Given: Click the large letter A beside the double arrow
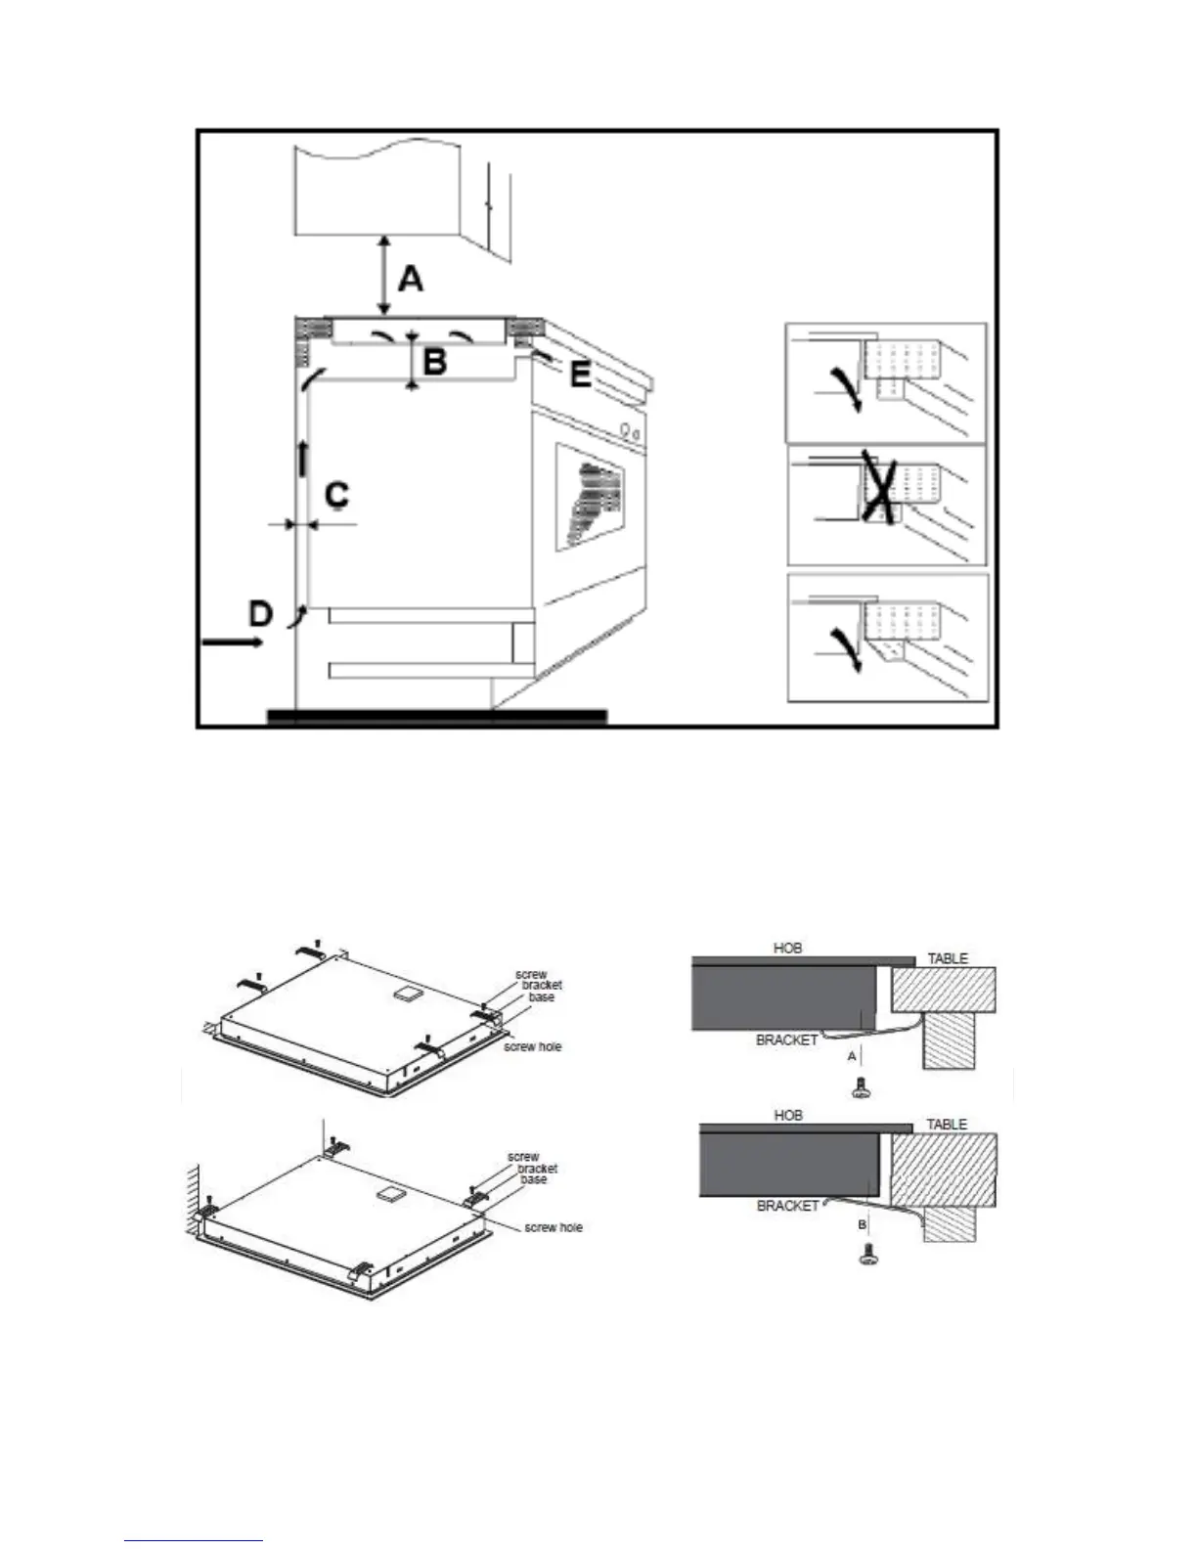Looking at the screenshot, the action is (x=412, y=279).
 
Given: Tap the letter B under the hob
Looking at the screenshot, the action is (x=434, y=362).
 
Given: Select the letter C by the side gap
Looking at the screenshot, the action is (x=336, y=495).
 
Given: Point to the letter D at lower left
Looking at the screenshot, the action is (x=259, y=614).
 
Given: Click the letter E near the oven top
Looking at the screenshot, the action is (x=580, y=375).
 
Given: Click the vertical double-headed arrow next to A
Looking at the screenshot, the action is (x=384, y=275).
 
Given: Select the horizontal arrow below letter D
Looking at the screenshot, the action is (x=232, y=642).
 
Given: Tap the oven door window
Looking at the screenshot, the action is (x=590, y=497).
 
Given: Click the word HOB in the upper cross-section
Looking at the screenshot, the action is (x=787, y=948).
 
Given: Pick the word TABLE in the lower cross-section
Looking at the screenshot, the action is (x=946, y=1125).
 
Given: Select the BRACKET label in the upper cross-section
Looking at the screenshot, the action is (x=786, y=1040).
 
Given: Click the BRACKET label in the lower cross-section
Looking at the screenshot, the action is (x=787, y=1206).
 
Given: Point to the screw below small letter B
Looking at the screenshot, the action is (x=864, y=1257).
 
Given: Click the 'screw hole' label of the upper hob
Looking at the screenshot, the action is (x=532, y=1046).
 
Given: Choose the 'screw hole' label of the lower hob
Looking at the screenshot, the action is (x=553, y=1227).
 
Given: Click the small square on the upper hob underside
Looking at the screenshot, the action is (x=401, y=992).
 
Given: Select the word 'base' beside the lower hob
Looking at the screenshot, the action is (x=533, y=1179).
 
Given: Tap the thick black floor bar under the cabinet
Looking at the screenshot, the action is (x=436, y=717).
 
